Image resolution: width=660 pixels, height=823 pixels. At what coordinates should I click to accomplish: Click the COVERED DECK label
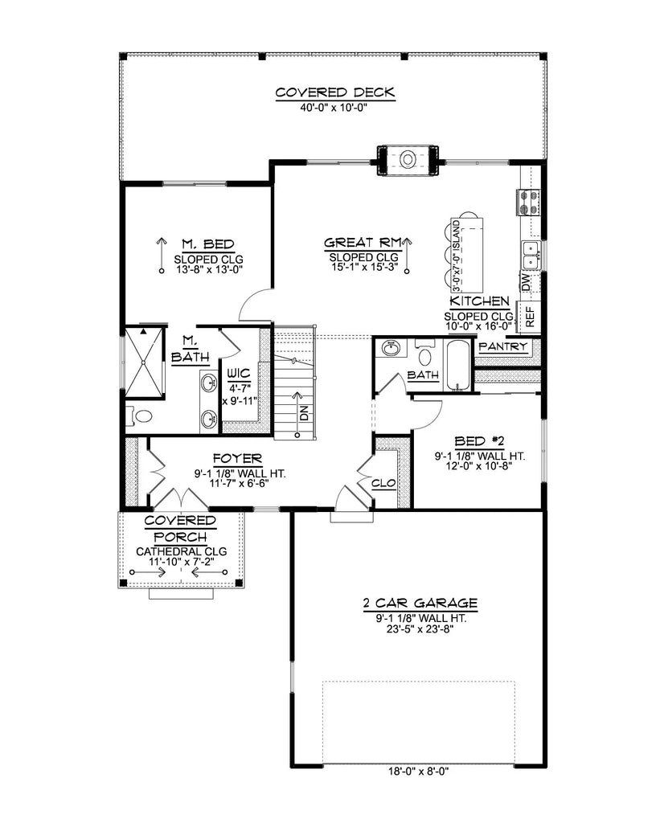tap(335, 92)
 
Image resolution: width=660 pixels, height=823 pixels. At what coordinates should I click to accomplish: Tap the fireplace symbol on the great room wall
tap(408, 159)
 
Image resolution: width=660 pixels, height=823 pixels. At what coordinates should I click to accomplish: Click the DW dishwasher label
tap(526, 282)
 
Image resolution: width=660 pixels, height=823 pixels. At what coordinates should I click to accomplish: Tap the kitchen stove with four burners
tap(528, 201)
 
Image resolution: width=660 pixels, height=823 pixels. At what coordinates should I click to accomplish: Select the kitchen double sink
tap(531, 255)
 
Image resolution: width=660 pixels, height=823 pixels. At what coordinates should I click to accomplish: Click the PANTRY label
tap(502, 347)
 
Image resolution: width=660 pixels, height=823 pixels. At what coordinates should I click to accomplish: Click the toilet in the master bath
tap(141, 416)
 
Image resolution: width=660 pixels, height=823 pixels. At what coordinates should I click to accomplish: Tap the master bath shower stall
tap(145, 362)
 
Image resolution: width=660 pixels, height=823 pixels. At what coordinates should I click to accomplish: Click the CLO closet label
tap(383, 484)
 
